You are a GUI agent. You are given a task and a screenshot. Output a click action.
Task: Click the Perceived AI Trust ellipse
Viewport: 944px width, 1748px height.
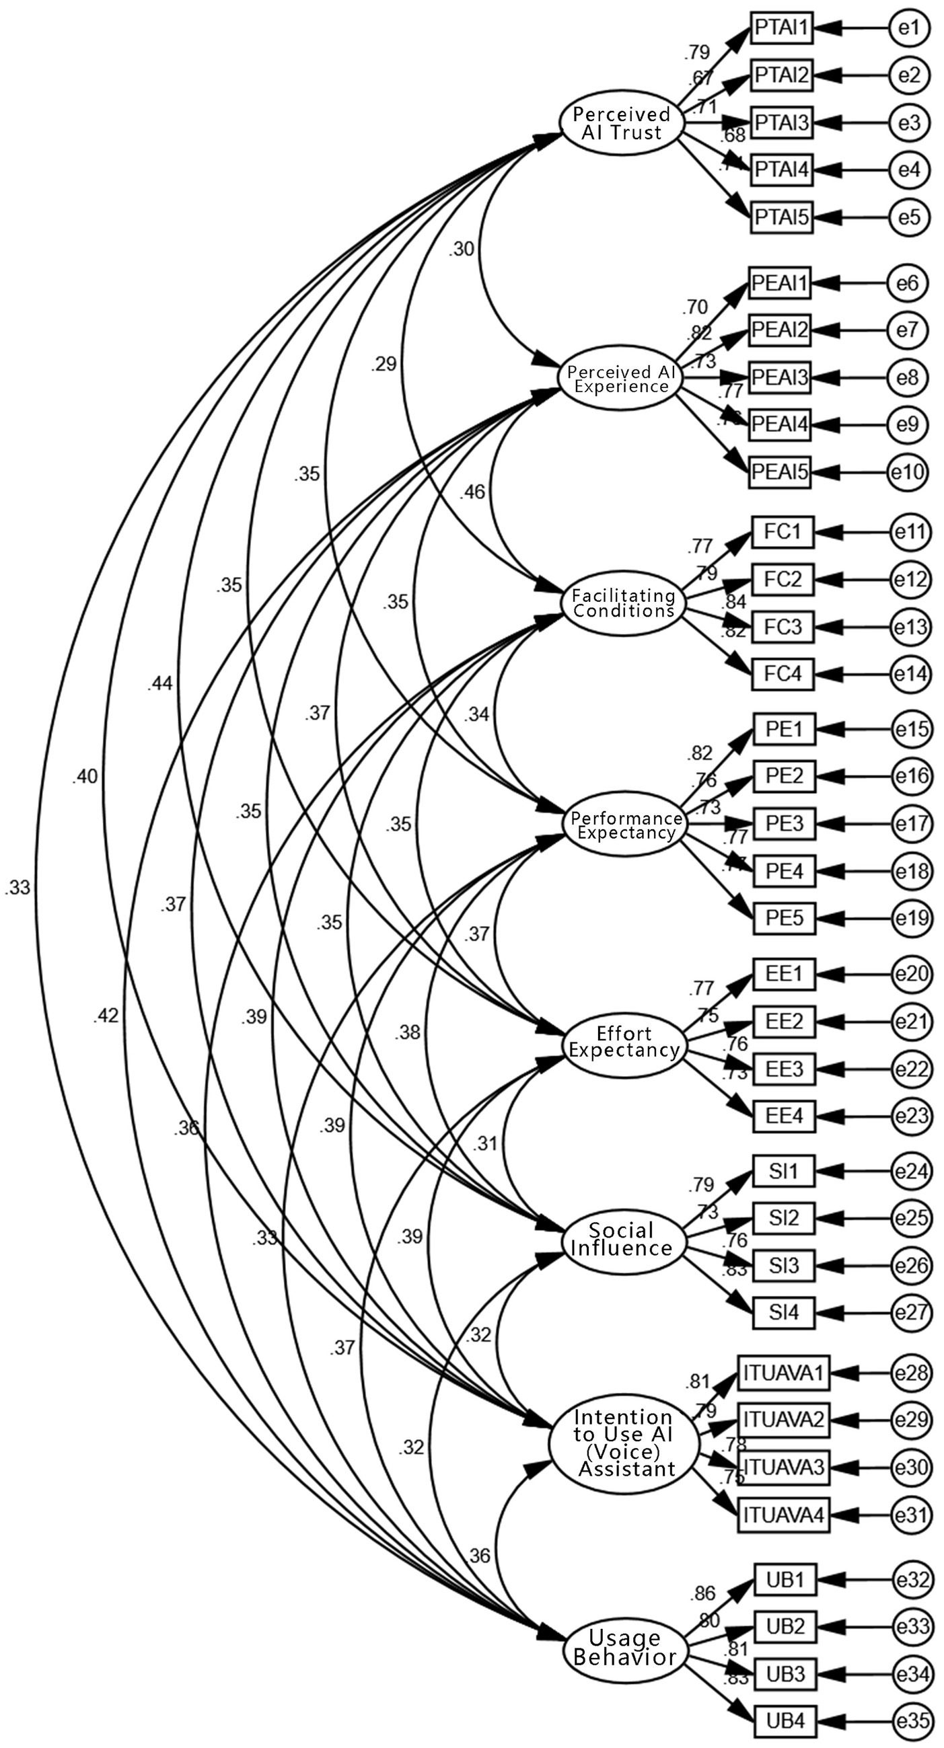(620, 123)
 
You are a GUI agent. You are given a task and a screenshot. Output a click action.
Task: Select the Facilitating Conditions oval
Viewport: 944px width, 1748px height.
(623, 603)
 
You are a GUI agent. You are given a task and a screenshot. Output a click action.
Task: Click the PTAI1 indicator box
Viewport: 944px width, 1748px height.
(781, 28)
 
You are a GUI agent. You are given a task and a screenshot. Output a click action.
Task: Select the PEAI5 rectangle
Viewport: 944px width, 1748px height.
(780, 471)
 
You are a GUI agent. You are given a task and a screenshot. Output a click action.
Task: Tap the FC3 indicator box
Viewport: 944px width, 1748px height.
(783, 626)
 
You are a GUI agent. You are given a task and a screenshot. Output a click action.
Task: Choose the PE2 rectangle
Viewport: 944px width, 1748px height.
(784, 776)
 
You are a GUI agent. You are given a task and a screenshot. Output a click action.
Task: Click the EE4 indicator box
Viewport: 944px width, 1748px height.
(783, 1116)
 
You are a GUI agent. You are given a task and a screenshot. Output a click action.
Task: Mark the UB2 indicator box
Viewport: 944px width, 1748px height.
(785, 1627)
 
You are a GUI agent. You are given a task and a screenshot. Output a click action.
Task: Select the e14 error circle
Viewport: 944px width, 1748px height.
(911, 674)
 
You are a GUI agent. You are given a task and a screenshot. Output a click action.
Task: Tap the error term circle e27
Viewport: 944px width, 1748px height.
(911, 1312)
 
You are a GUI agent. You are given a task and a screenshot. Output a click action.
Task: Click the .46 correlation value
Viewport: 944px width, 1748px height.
(472, 492)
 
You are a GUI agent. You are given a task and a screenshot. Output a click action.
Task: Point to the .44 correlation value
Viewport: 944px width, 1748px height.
(159, 684)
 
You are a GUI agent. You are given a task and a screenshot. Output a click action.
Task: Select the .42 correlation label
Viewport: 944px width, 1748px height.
(106, 1016)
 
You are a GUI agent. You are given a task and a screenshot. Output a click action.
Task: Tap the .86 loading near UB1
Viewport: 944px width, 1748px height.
(702, 1593)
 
